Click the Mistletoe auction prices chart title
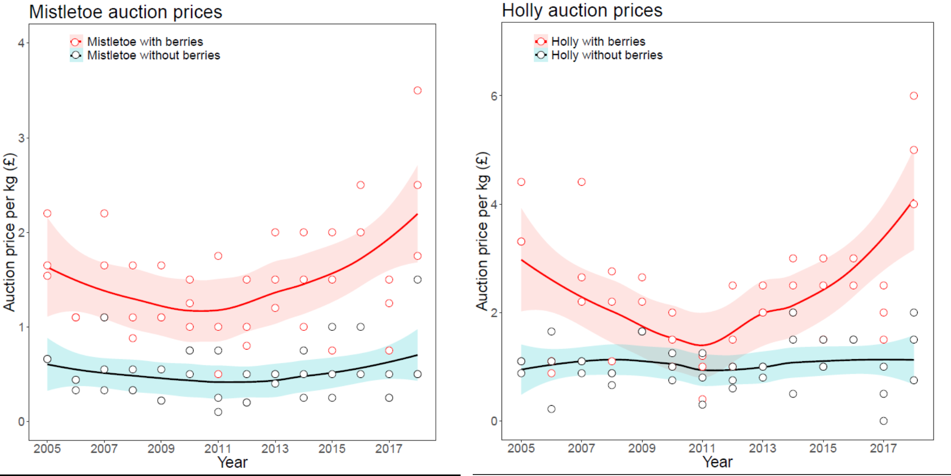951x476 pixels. click(x=125, y=12)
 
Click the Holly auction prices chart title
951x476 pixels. click(x=581, y=10)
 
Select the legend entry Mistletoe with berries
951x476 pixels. click(x=145, y=41)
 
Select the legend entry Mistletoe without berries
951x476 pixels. click(x=153, y=55)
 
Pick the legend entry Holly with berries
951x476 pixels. click(x=598, y=41)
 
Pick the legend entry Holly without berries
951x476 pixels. click(x=606, y=55)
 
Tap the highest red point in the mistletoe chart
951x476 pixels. click(x=417, y=91)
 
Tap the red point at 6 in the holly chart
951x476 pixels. click(x=913, y=96)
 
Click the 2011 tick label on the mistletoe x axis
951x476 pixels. click(x=217, y=448)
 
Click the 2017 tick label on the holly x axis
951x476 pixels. click(x=883, y=448)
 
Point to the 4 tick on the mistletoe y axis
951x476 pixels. click(x=21, y=43)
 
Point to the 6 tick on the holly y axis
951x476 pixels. click(x=494, y=96)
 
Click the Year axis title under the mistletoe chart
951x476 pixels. click(x=232, y=462)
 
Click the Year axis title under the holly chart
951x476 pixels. click(x=717, y=462)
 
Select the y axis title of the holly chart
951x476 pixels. click(x=482, y=231)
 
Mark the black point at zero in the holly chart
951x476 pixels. click(x=883, y=421)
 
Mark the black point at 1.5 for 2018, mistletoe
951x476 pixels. click(x=417, y=280)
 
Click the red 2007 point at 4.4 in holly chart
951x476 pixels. click(x=581, y=182)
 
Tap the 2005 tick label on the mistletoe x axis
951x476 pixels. click(x=47, y=448)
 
